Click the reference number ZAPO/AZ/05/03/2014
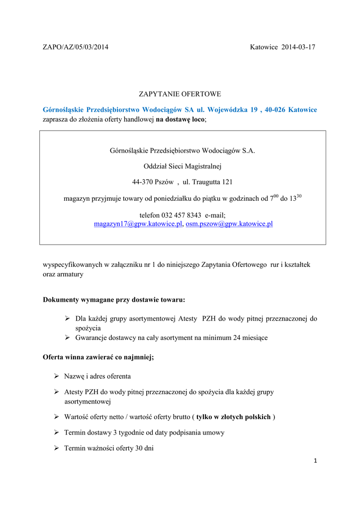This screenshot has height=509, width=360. click(x=76, y=47)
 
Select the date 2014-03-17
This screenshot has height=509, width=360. click(x=298, y=47)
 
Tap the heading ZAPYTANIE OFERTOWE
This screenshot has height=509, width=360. click(x=180, y=94)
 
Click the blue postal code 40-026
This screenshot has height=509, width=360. click(x=276, y=109)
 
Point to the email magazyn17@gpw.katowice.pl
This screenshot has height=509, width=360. click(x=138, y=224)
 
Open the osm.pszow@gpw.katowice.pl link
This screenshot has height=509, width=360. click(x=229, y=224)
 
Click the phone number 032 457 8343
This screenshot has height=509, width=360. click(x=181, y=215)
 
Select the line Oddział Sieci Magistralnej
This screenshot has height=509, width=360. click(x=182, y=166)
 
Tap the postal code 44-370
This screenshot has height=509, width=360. click(x=143, y=182)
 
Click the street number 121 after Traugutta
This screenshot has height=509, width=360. click(x=227, y=182)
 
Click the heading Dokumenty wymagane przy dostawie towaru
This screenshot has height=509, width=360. click(x=114, y=300)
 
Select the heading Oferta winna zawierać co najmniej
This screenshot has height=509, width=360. click(x=98, y=357)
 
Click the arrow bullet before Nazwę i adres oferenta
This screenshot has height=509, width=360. click(x=57, y=376)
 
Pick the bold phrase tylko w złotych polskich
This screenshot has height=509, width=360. click(x=233, y=417)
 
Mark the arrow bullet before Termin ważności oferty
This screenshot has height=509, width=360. click(x=57, y=448)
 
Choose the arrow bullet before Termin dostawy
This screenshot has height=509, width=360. click(x=57, y=432)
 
